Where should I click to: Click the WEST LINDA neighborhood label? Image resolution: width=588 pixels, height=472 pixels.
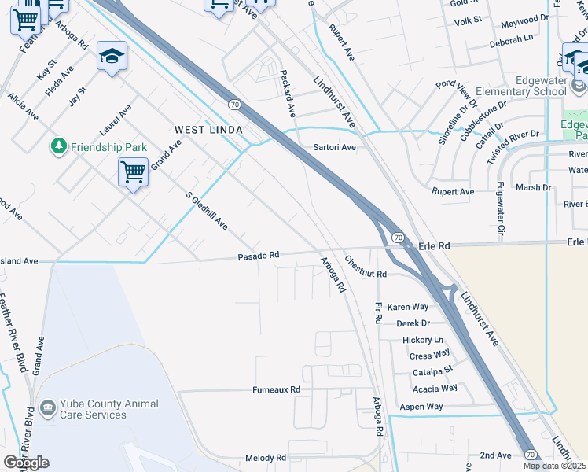(208, 129)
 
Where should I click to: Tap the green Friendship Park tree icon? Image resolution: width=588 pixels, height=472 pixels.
(57, 146)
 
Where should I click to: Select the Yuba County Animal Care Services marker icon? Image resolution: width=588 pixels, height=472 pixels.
(47, 409)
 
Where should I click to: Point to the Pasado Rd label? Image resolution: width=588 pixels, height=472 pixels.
(259, 256)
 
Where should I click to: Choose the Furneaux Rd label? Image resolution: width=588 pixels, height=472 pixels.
(276, 389)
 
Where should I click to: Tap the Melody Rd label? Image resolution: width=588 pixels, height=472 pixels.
(266, 458)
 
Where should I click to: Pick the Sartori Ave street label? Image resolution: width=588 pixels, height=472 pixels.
(335, 147)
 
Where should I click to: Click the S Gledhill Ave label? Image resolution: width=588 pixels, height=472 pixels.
(207, 211)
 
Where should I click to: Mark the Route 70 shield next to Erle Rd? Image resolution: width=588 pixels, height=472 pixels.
(398, 237)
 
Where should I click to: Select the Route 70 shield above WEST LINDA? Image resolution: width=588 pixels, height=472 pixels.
(234, 104)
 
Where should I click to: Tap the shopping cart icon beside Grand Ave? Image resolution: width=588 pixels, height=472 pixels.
(133, 171)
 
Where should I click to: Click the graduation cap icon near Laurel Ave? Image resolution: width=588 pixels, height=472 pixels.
(112, 57)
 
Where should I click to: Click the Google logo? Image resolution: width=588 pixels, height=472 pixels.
(26, 463)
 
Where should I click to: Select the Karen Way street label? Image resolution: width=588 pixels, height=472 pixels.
(407, 307)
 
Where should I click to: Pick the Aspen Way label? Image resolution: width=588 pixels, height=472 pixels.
(421, 407)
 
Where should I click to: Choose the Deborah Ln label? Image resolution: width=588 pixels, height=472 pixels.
(511, 37)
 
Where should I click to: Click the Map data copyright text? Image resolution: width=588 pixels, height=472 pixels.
(555, 466)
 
